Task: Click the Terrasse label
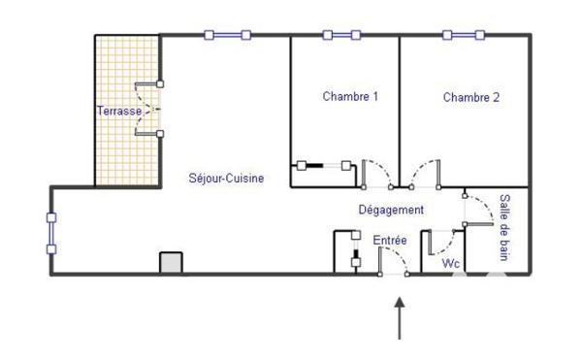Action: pyautogui.click(x=119, y=112)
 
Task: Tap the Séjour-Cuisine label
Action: pyautogui.click(x=226, y=179)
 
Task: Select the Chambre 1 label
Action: pyautogui.click(x=350, y=97)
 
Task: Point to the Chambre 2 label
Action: pyautogui.click(x=471, y=97)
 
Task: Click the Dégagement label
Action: pyautogui.click(x=391, y=210)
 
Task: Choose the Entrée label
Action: pyautogui.click(x=390, y=240)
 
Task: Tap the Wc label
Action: pyautogui.click(x=450, y=263)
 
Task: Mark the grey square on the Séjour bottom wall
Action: pyautogui.click(x=171, y=263)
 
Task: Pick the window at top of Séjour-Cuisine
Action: pyautogui.click(x=227, y=36)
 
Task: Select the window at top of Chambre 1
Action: pyautogui.click(x=341, y=36)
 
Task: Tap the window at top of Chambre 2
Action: pyautogui.click(x=464, y=36)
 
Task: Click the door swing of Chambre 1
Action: pyautogui.click(x=376, y=173)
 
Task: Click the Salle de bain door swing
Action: pyautogui.click(x=477, y=206)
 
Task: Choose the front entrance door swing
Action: pyautogui.click(x=393, y=260)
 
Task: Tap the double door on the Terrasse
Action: pyautogui.click(x=148, y=108)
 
